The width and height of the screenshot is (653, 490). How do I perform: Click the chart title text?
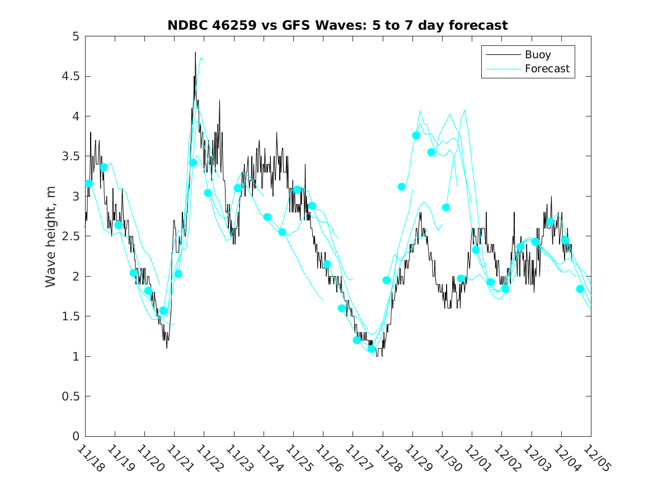(337, 25)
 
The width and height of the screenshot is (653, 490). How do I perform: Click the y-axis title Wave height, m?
(51, 236)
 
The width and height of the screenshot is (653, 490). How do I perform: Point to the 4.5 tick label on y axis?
(71, 76)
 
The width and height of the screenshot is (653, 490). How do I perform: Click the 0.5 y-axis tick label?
(71, 396)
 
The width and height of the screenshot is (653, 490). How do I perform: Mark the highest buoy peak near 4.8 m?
(195, 53)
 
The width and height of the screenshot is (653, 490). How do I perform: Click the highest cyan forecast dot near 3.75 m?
(416, 136)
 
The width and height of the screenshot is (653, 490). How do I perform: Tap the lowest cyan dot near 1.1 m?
(372, 349)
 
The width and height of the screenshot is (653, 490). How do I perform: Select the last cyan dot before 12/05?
(580, 289)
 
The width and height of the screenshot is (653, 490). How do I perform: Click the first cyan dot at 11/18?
(89, 183)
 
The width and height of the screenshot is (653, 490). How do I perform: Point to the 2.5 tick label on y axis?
(71, 236)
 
